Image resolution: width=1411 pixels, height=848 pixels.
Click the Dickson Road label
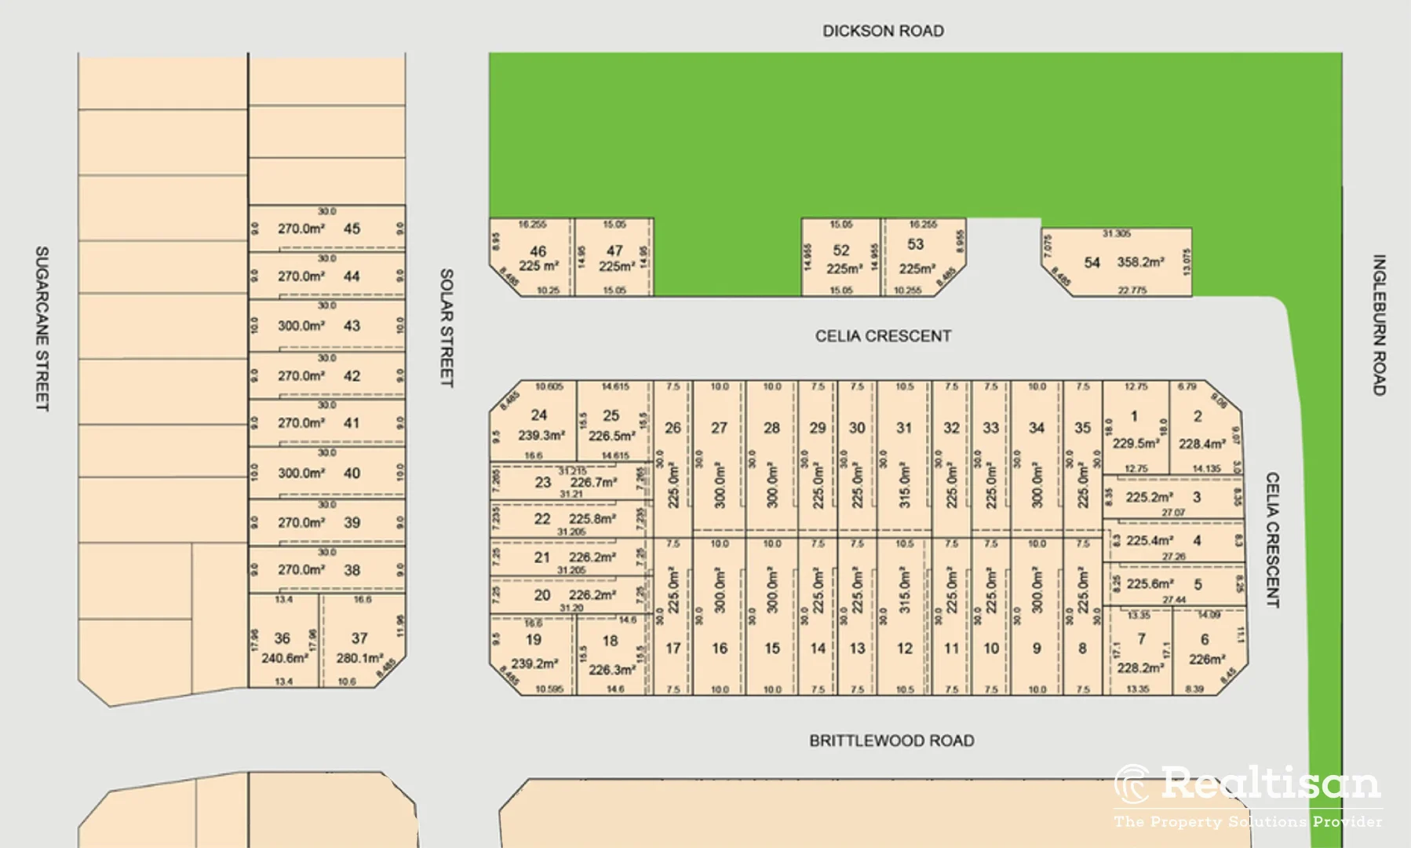point(883,31)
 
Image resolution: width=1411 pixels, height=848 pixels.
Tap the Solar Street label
point(446,328)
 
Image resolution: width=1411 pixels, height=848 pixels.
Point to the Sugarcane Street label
point(42,328)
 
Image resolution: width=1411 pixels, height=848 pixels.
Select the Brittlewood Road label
point(891,740)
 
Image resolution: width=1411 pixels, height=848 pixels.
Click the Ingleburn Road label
point(1379,324)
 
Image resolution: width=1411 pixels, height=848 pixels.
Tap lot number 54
point(1092,262)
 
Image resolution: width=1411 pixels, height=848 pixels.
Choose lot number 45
point(352,228)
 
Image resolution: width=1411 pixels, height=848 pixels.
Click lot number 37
point(359,638)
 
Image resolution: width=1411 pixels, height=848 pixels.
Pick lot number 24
point(539,415)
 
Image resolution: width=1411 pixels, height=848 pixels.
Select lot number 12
point(904,649)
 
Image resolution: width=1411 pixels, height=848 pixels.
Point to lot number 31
point(904,428)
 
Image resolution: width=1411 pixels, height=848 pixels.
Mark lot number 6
point(1205,639)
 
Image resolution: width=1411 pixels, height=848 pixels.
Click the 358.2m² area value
point(1140,262)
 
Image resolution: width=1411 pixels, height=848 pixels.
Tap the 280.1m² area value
point(359,658)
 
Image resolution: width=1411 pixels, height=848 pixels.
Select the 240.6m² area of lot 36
point(284,658)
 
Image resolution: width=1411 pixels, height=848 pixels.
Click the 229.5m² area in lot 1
point(1136,444)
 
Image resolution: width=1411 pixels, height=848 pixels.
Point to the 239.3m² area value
point(541,435)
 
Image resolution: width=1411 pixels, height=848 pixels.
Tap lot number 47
point(614,250)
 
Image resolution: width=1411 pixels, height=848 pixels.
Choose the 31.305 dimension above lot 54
point(1116,233)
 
